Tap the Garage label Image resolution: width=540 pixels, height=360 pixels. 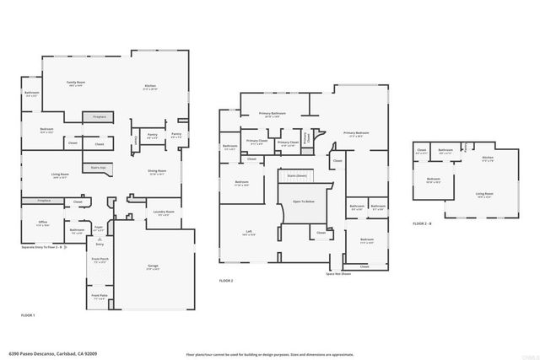(x=153, y=267)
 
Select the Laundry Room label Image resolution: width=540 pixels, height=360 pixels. (x=164, y=212)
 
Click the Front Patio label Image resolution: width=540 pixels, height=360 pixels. (x=99, y=296)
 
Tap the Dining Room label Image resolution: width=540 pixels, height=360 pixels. (x=157, y=172)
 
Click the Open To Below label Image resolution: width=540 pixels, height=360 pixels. (x=303, y=202)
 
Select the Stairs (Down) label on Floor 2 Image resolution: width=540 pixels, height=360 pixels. (x=297, y=176)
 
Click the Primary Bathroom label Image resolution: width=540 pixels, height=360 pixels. (x=272, y=113)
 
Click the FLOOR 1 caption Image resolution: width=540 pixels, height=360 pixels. (x=28, y=314)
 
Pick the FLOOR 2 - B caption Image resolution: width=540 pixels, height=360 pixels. (x=422, y=223)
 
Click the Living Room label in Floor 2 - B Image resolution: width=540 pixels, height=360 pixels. (x=484, y=194)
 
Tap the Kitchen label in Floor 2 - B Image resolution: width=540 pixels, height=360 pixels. (x=487, y=158)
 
